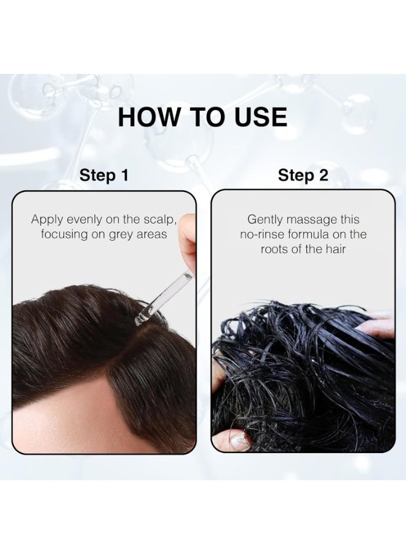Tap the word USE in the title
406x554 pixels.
(258, 116)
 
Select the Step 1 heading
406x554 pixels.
(104, 175)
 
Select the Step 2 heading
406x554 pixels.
(303, 175)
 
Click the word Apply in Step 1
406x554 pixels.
(47, 219)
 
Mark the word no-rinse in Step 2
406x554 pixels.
(266, 235)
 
